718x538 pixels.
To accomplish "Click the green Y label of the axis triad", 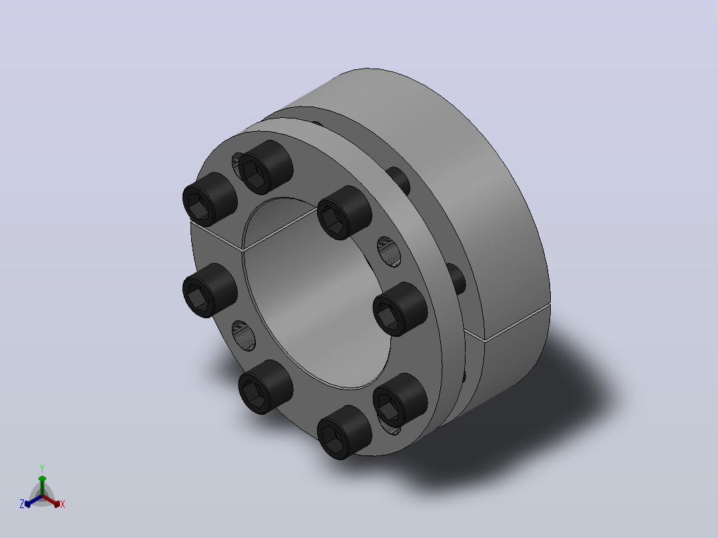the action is click(x=42, y=468).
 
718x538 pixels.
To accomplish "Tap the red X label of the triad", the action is click(x=63, y=504).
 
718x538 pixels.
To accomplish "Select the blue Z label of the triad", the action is click(x=21, y=503).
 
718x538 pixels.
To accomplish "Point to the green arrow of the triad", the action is click(x=42, y=485).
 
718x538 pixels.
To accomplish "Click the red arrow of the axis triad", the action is click(x=51, y=501).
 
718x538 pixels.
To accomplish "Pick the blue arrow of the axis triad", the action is click(x=33, y=501).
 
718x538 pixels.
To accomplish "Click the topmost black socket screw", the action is click(x=266, y=166).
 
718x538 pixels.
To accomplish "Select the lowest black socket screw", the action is click(x=344, y=432).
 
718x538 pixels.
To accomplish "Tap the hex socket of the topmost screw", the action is click(x=253, y=174).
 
